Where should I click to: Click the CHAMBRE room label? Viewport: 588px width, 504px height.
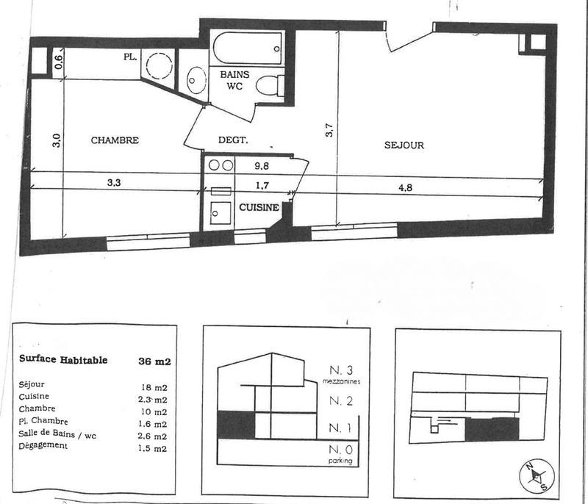tap(115, 140)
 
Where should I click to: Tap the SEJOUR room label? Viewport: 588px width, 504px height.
tap(404, 145)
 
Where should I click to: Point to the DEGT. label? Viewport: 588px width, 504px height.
tap(233, 140)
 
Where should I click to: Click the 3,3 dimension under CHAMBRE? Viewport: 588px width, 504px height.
tap(114, 184)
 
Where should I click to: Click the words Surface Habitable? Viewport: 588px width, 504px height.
tap(62, 360)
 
